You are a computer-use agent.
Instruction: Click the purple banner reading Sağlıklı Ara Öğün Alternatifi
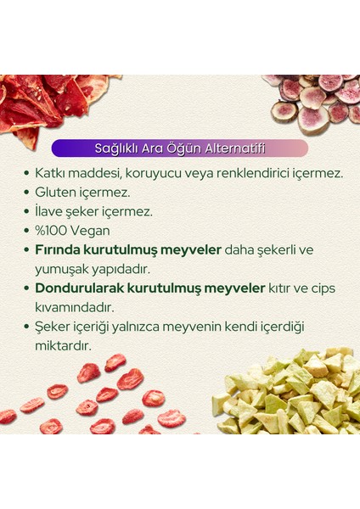179,148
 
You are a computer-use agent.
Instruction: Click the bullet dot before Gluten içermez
28,193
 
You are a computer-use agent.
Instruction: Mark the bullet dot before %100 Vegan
28,230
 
